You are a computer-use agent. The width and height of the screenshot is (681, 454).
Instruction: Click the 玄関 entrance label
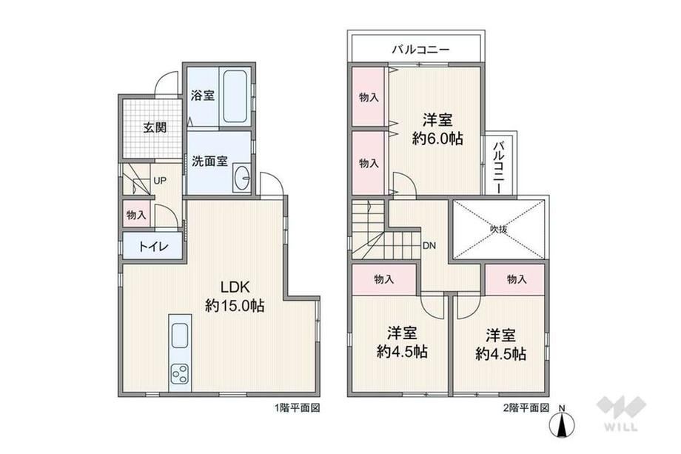155,127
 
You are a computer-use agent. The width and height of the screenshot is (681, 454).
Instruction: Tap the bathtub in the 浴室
235,97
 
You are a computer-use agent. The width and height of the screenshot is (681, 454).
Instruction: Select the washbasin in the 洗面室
241,177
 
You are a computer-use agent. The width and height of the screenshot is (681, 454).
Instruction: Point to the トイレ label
153,247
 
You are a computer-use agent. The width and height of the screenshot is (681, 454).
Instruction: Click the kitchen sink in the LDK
180,336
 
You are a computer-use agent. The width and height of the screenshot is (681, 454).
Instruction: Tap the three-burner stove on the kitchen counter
180,373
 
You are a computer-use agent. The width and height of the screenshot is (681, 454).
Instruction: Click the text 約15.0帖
235,307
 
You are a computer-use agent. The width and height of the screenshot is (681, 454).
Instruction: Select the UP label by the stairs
160,180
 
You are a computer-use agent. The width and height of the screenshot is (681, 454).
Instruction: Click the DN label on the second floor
429,245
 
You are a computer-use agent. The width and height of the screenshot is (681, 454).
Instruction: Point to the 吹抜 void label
499,230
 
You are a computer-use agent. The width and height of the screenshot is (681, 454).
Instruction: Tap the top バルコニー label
420,50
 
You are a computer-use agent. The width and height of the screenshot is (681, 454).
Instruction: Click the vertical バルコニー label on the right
499,167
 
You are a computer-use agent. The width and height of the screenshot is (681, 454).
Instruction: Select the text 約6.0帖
437,138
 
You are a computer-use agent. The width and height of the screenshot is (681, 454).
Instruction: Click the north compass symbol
562,423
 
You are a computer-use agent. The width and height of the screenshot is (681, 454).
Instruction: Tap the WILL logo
622,413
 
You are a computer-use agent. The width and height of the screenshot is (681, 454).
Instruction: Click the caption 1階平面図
297,408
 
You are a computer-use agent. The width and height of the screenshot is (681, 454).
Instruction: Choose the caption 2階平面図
526,408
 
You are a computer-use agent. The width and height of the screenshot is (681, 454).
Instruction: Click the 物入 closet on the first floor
136,214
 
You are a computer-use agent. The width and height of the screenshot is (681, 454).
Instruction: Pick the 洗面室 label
209,161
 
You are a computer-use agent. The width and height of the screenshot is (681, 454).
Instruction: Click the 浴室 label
203,95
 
